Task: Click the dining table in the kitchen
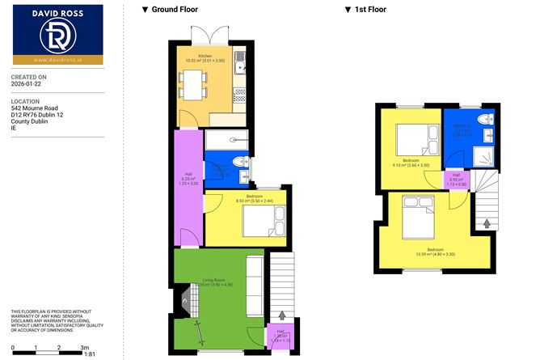tap(192, 83)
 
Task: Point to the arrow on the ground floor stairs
tap(281, 316)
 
